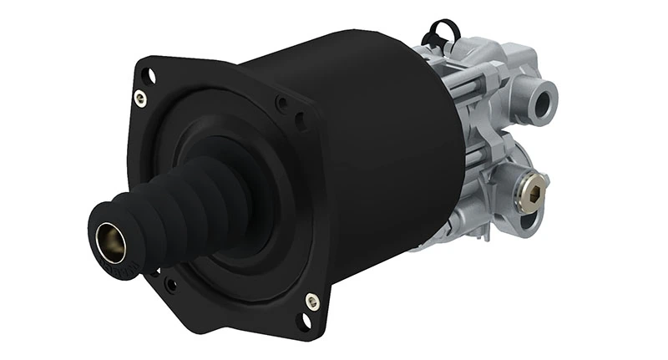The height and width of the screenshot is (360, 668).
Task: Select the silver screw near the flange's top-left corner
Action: pos(141,99)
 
